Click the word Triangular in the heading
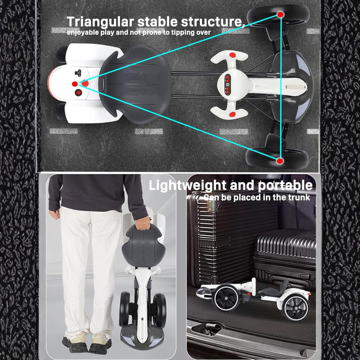tap(100, 22)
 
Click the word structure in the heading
tap(212, 22)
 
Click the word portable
tap(285, 186)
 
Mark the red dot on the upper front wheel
tap(280, 14)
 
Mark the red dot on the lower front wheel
tap(279, 161)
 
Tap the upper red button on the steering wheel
tap(233, 55)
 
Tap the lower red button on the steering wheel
tap(232, 114)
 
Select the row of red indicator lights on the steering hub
tap(227, 84)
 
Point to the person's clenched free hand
tap(55, 214)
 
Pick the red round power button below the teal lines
tap(79, 93)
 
